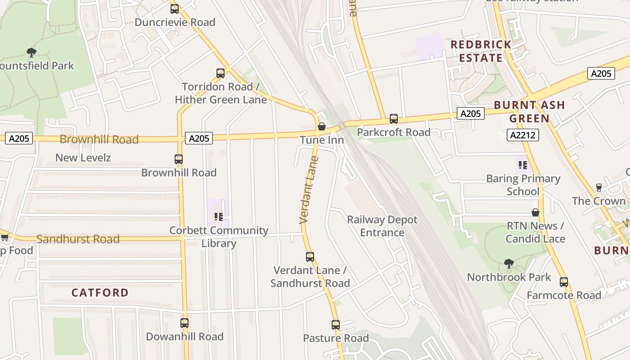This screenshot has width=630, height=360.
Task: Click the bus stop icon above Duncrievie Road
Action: (x=175, y=9)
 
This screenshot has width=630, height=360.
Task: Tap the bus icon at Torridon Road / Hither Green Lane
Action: (x=220, y=73)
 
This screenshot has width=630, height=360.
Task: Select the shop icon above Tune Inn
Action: (x=322, y=126)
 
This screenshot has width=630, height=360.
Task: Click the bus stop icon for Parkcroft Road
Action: (x=394, y=119)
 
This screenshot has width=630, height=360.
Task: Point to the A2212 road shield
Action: (x=523, y=135)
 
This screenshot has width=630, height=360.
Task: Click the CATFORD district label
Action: (x=100, y=292)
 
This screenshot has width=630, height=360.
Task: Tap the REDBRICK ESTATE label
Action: (x=481, y=51)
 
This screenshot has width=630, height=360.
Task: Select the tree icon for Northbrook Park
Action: (x=509, y=263)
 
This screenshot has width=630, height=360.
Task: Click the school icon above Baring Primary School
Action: (x=522, y=165)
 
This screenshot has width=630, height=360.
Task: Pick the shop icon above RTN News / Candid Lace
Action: (x=535, y=212)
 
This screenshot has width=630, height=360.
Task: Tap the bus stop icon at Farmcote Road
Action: (x=564, y=282)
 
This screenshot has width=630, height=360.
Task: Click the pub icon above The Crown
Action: (x=599, y=187)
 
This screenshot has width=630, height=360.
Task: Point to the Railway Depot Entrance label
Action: (x=382, y=226)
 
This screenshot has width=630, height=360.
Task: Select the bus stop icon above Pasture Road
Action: (x=336, y=324)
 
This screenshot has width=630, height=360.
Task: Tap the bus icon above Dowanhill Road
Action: (x=184, y=323)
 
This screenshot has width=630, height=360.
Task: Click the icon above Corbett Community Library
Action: (x=219, y=217)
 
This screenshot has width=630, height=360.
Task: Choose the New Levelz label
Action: (x=83, y=157)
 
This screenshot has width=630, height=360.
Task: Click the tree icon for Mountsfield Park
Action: (x=31, y=52)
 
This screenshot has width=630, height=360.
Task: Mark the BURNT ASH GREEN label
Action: (x=529, y=112)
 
